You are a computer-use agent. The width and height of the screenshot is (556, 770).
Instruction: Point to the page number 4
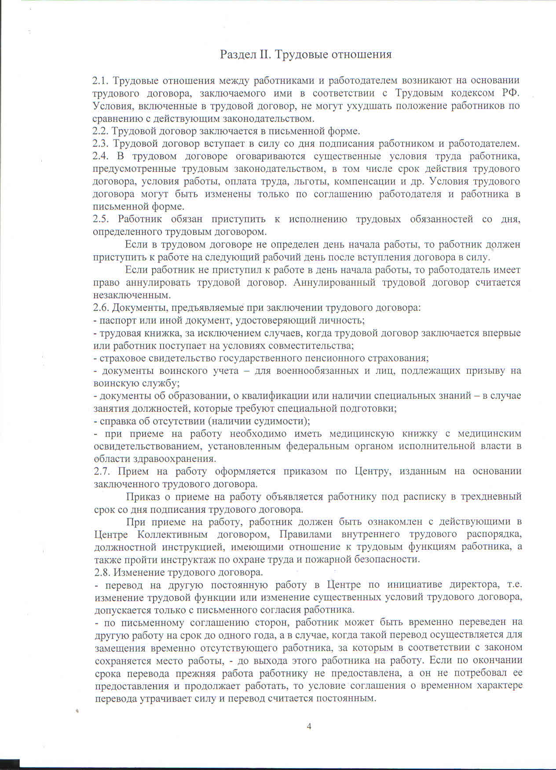point(309,726)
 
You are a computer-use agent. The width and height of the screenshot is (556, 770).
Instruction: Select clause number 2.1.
point(100,80)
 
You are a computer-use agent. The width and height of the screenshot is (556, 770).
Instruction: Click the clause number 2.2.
point(100,131)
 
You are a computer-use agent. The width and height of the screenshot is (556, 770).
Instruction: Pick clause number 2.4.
point(100,156)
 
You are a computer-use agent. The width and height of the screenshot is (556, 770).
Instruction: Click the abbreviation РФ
point(510,93)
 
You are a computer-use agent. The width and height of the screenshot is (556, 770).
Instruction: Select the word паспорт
point(117,320)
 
